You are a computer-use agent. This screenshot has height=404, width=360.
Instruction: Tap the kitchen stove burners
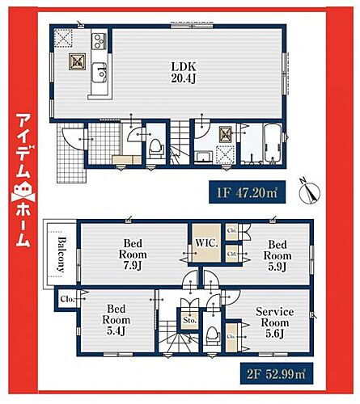tap(97, 40)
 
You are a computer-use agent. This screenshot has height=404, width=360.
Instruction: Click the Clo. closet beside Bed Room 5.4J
tap(65, 298)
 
